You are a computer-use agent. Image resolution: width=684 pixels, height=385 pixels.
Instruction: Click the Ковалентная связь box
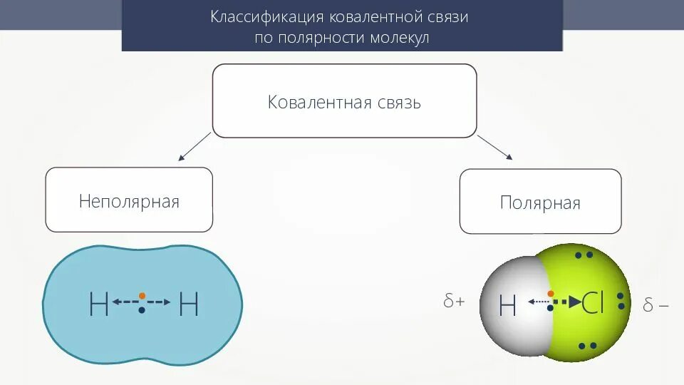tap(344, 101)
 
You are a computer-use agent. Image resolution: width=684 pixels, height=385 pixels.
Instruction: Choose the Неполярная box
tap(129, 200)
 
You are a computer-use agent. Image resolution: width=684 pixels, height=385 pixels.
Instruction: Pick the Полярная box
tap(540, 202)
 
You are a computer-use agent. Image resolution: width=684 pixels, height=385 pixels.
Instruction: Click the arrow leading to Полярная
tap(495, 147)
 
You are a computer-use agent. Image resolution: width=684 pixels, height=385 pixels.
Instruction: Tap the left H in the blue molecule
tap(98, 304)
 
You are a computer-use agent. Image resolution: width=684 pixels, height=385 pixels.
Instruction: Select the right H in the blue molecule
tap(189, 304)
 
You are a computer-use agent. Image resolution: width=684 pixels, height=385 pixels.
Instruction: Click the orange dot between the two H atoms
tap(142, 294)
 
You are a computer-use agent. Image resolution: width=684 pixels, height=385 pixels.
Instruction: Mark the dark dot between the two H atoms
tap(142, 311)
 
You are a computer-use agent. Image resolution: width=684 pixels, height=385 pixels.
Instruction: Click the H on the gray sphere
tap(507, 306)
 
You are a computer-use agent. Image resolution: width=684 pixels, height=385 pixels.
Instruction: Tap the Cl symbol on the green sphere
tap(593, 304)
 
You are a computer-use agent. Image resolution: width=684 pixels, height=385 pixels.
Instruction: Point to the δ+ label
tap(454, 302)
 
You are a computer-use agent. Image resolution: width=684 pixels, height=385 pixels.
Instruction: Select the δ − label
tap(655, 306)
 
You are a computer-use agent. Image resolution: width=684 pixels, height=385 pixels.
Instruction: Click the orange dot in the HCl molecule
tap(551, 294)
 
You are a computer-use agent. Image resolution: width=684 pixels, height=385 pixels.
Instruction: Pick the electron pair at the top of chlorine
tap(584, 255)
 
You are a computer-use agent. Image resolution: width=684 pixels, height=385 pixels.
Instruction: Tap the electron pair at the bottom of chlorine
tap(587, 346)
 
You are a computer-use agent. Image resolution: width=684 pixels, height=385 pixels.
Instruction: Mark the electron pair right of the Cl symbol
tap(621, 301)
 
